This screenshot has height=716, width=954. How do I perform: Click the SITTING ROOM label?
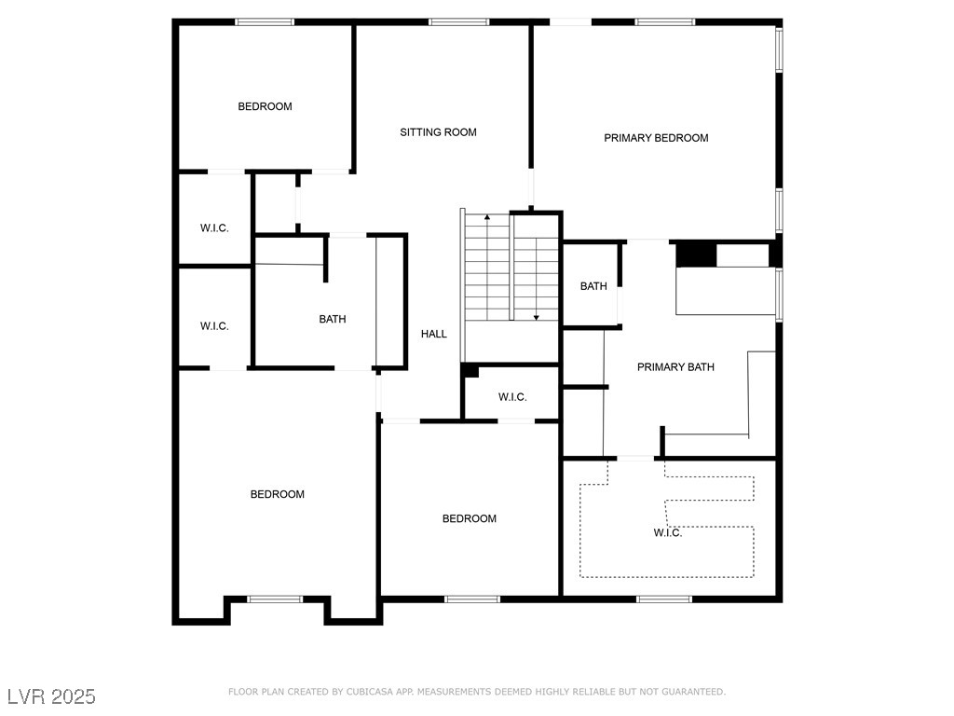[438, 132]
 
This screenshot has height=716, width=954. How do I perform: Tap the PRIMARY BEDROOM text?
[656, 138]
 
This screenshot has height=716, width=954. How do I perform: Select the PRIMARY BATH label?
[675, 367]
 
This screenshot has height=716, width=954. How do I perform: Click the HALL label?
[433, 334]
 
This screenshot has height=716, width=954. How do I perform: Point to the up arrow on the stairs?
[487, 218]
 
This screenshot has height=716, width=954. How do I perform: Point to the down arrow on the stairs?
[537, 317]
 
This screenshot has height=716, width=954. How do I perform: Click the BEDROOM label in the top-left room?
[265, 106]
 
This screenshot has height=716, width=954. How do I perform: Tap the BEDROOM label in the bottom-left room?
[278, 494]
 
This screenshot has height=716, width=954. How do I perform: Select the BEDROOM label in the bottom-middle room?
[469, 518]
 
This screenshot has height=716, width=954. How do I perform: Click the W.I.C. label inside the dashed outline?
[667, 532]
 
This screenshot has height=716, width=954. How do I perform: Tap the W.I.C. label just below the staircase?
[512, 397]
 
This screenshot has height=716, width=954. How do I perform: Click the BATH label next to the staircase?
[593, 286]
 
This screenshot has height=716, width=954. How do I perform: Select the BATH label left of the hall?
[333, 319]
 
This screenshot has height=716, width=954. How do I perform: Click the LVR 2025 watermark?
[51, 696]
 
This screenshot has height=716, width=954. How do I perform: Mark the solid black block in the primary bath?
[695, 254]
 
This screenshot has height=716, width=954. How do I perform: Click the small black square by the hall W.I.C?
[470, 371]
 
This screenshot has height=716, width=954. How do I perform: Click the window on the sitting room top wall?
[459, 21]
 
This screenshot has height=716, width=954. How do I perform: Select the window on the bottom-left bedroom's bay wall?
[275, 599]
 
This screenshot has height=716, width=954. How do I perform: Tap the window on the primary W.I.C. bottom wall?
[664, 599]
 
